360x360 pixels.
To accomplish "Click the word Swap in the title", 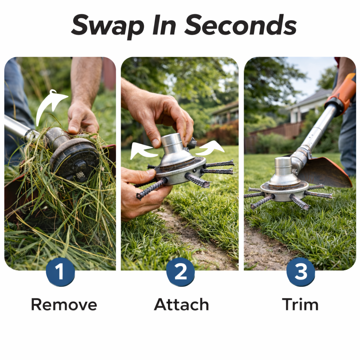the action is coord(108,26).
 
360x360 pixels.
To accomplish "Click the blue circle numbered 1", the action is coord(60,272).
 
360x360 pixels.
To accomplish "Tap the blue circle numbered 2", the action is coord(180,272).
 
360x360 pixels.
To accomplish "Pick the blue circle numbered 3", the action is coord(301,272).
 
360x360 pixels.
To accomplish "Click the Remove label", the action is coord(64,305).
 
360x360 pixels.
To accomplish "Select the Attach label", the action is coord(181,304).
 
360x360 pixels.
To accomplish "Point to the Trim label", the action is coord(300,304).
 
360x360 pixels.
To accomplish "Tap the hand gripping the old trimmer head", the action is coord(82,118).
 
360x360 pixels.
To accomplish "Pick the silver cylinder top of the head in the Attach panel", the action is coord(172,144).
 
